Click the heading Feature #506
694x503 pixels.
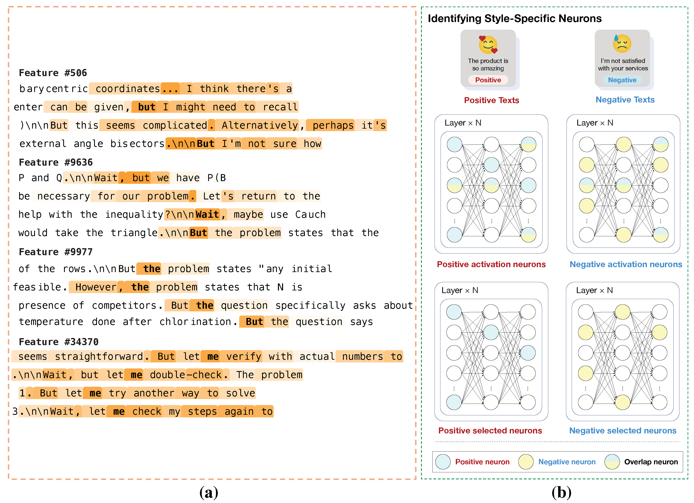(x=53, y=73)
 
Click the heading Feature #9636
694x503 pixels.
(x=56, y=162)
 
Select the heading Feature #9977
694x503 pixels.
(x=56, y=252)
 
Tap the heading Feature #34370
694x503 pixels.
(x=59, y=342)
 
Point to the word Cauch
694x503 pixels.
(x=310, y=214)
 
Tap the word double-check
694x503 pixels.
(x=186, y=375)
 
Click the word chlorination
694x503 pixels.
(x=195, y=322)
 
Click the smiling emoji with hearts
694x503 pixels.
(x=488, y=45)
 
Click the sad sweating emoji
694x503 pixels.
(x=622, y=43)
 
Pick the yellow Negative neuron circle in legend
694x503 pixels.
(x=526, y=462)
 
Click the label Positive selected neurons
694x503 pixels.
(x=490, y=431)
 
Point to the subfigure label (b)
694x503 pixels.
(x=561, y=492)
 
